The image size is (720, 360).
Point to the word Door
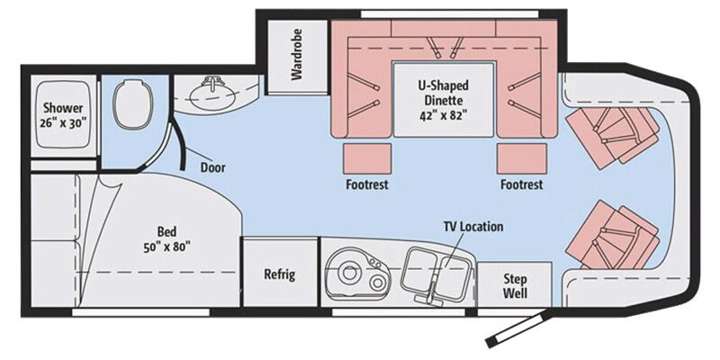coord(213,167)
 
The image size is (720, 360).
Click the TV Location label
coord(472,227)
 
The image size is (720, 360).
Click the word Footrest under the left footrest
coord(366,185)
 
